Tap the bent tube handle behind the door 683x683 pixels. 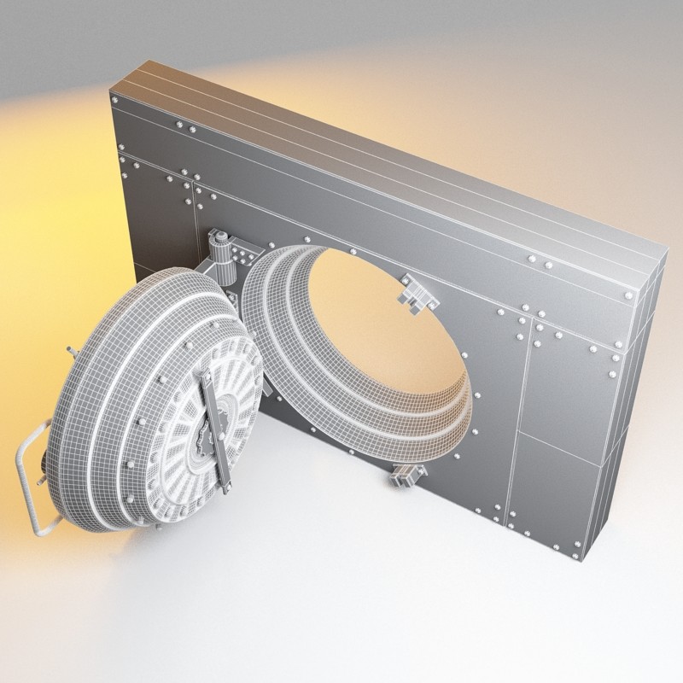[x=32, y=478]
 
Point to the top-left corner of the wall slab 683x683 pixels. [x=109, y=91]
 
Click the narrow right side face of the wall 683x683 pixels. [x=632, y=401]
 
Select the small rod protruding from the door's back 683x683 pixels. [x=67, y=351]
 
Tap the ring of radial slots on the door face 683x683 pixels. [x=171, y=427]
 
